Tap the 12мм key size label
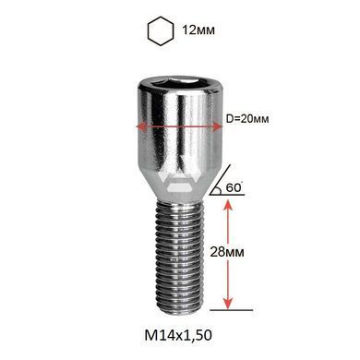tap(198, 30)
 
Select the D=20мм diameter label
tap(247, 119)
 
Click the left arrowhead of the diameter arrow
tap(140, 126)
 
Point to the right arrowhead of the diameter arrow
tap(218, 126)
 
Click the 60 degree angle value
tap(234, 187)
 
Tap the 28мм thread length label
tap(227, 252)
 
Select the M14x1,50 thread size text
tap(178, 335)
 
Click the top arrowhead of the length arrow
tap(228, 205)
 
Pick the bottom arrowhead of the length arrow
tap(228, 304)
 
